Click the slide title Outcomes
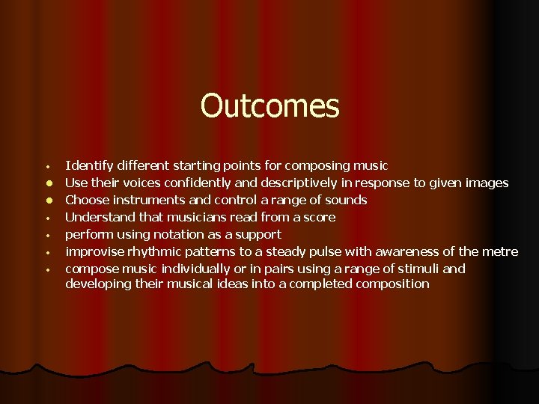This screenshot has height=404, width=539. click(x=269, y=106)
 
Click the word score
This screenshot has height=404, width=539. click(x=318, y=217)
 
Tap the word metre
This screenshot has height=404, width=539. click(x=499, y=251)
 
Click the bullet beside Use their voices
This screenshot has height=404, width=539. click(x=46, y=183)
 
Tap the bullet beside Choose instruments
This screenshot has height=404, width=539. click(x=46, y=201)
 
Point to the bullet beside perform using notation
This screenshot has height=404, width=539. click(x=46, y=235)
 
